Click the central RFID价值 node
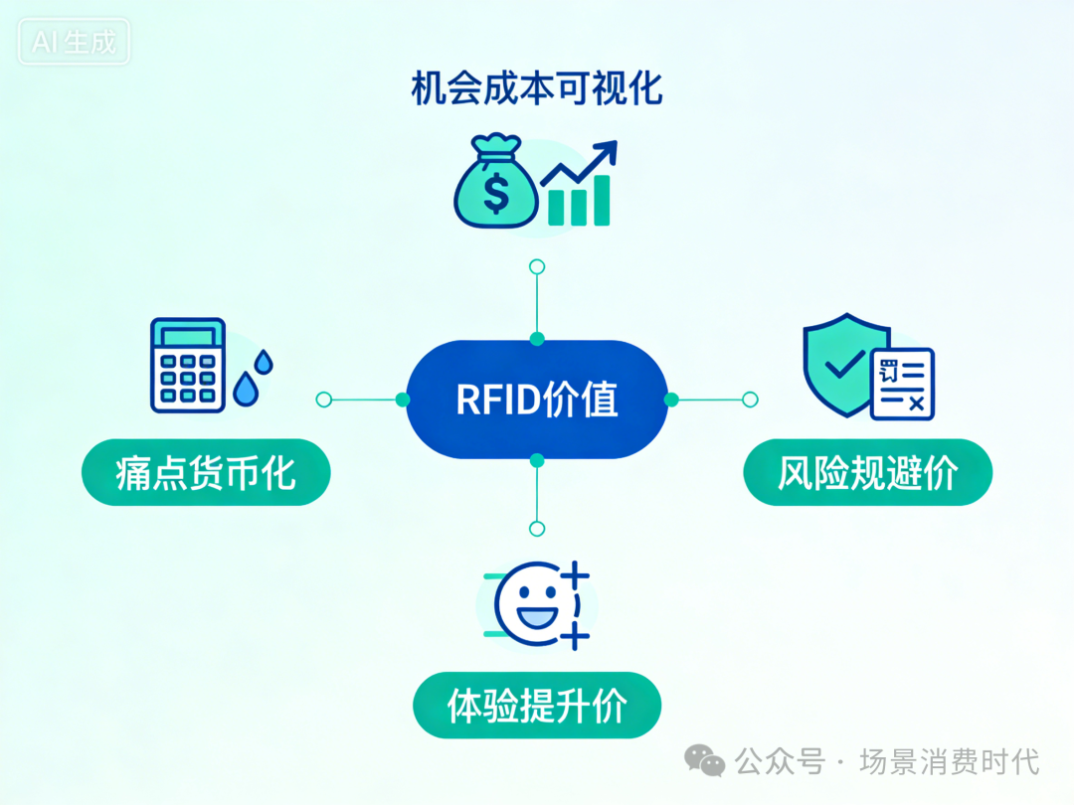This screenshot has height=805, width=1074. (537, 399)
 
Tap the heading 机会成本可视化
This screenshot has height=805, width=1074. (537, 89)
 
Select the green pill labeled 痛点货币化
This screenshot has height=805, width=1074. (205, 472)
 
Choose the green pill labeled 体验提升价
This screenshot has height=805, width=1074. (537, 706)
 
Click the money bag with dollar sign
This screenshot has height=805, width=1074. (496, 186)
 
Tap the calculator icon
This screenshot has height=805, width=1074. (188, 365)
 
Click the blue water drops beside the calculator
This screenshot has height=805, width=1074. (253, 378)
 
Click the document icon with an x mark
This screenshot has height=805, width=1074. (902, 384)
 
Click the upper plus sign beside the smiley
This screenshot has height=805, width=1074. (576, 574)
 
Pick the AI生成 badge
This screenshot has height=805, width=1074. (75, 43)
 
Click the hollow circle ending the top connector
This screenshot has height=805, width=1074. (537, 266)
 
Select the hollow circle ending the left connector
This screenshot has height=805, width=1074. (323, 400)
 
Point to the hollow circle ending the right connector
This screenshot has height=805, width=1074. (750, 400)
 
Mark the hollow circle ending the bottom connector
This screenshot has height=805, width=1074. (537, 529)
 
